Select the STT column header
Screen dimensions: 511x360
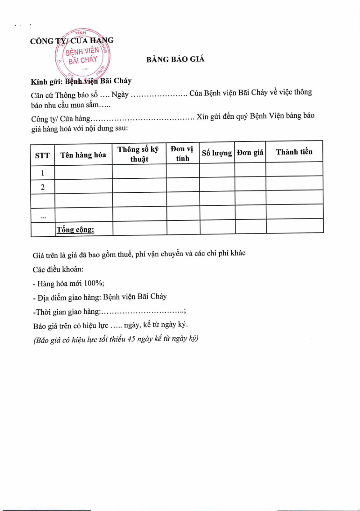pos(42,155)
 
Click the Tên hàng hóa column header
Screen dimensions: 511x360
pos(83,155)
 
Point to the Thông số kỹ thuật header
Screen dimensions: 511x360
pos(139,154)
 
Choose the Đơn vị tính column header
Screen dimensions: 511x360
pos(182,154)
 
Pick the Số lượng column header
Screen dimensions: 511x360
pos(217,153)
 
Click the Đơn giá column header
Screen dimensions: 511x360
pos(250,153)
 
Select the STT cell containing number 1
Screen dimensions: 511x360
pos(43,173)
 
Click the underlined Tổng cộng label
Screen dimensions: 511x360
pos(75,230)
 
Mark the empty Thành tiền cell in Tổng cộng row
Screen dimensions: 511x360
pos(295,226)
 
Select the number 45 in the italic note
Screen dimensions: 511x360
pos(132,339)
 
